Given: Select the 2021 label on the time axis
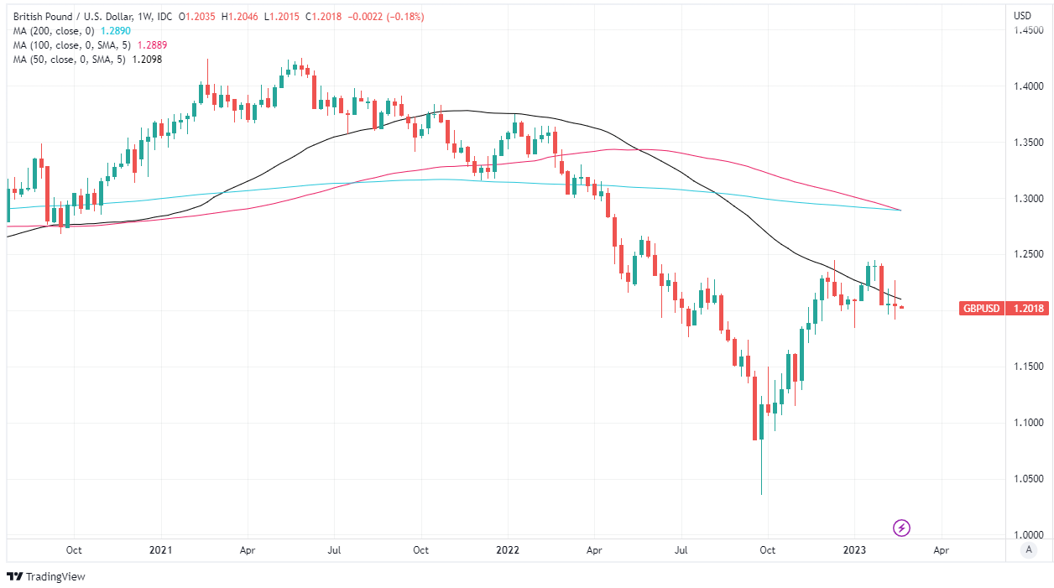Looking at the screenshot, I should (x=160, y=550).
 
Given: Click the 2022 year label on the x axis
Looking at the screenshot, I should (x=508, y=550).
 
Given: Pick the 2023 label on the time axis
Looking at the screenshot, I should (x=854, y=550).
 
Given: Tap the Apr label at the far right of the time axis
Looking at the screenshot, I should (x=941, y=550).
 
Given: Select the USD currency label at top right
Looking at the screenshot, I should (x=1022, y=15).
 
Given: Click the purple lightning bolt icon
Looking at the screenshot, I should (x=902, y=528).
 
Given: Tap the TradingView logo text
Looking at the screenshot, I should (x=55, y=576).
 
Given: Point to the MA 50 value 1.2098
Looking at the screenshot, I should (x=144, y=59).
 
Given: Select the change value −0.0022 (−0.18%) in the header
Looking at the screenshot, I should (x=385, y=14).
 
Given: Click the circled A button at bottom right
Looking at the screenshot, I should (x=1028, y=550).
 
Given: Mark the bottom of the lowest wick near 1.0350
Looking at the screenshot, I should (x=762, y=494).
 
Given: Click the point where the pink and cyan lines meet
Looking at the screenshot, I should (x=900, y=210).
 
